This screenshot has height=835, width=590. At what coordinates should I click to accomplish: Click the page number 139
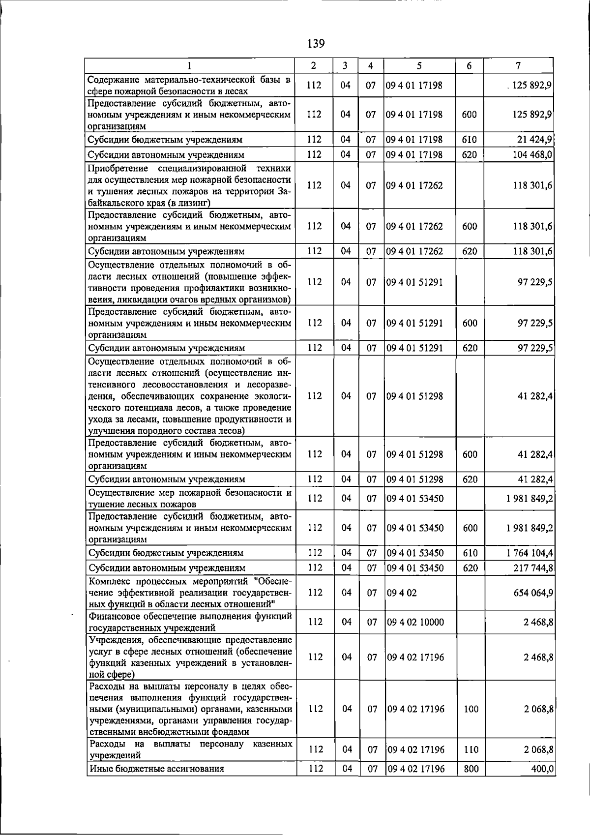316,43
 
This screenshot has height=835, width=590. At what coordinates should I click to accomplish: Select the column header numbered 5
419,66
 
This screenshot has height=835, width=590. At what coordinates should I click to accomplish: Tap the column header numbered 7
518,66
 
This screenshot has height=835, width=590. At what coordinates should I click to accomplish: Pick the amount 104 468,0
532,155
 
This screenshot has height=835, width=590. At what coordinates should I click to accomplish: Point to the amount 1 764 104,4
530,553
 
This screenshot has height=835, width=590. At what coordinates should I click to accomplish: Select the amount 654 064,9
533,593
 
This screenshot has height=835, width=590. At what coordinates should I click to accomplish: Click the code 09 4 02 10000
415,622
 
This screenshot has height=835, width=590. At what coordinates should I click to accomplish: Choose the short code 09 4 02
402,593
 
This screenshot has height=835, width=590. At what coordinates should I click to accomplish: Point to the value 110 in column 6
471,750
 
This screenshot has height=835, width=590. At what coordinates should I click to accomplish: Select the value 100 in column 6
471,709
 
